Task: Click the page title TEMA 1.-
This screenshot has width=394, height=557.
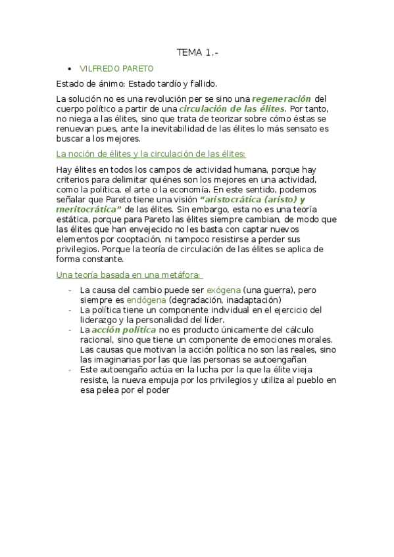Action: coord(196,53)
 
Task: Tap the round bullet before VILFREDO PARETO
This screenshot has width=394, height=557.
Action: coord(69,68)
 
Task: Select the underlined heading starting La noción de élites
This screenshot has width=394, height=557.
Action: coord(151,154)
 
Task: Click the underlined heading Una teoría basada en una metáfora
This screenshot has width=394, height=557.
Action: coord(129,274)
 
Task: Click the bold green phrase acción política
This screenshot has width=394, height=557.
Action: coord(124,329)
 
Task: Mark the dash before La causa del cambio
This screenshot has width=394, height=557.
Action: coord(69,290)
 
